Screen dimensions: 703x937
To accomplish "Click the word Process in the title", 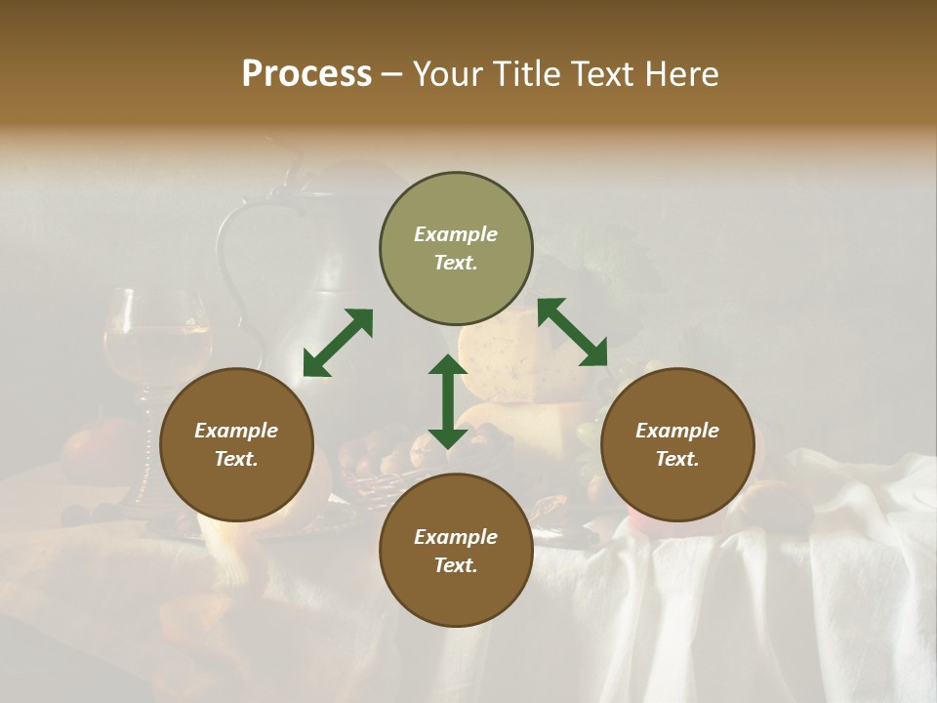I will point(306,74).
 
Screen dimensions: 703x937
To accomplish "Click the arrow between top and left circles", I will point(338,343).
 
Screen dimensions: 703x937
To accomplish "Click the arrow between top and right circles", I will point(572,332).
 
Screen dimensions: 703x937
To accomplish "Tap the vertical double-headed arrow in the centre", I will point(447,401).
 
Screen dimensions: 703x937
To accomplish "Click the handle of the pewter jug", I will point(234,254).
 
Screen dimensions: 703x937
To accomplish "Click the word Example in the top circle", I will point(456,234).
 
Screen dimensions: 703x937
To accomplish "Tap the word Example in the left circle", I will point(236,431).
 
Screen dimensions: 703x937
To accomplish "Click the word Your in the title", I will point(444,74).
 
